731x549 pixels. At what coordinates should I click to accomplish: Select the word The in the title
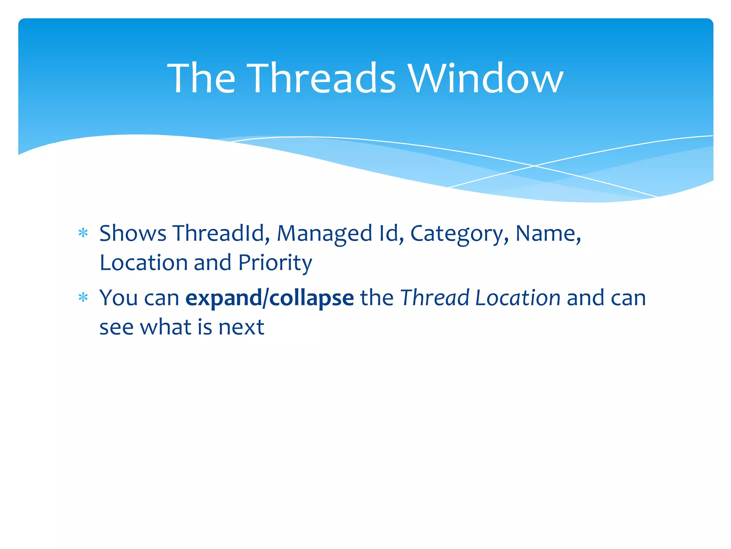coord(201,78)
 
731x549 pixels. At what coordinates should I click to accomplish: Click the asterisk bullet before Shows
coord(83,233)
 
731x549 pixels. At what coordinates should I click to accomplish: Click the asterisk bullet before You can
coord(83,297)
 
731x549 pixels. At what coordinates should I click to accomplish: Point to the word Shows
coord(133,233)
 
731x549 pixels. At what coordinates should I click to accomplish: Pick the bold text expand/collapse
coord(269,298)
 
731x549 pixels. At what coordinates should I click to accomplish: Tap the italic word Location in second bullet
coord(518,298)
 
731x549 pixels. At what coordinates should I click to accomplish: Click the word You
coord(119,298)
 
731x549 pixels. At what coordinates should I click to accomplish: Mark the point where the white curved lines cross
coord(534,166)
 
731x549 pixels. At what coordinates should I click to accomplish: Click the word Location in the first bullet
coord(143,263)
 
